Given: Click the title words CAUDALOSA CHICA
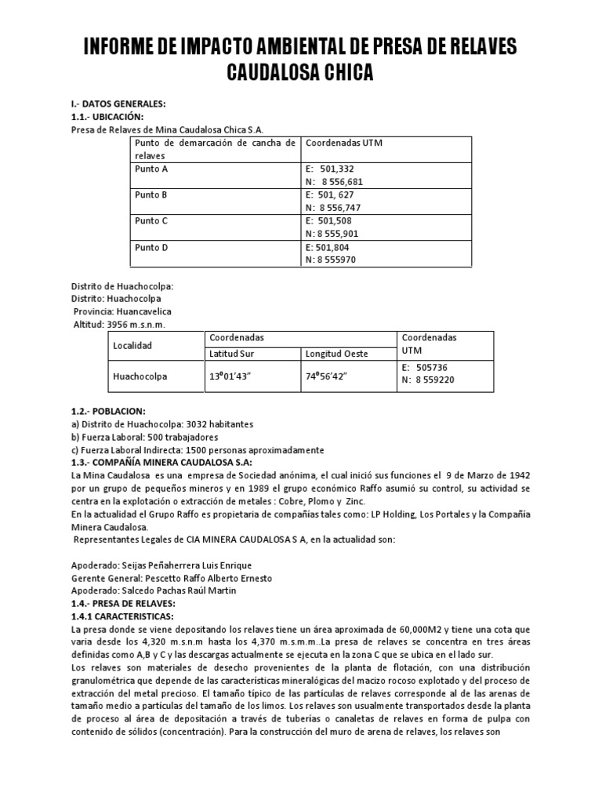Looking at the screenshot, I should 300,74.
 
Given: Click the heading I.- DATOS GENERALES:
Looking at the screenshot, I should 118,104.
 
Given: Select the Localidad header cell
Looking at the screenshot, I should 133,345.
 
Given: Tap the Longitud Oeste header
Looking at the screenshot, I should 336,354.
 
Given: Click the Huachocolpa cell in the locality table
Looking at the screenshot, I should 140,376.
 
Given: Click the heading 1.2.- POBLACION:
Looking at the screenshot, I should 108,412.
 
